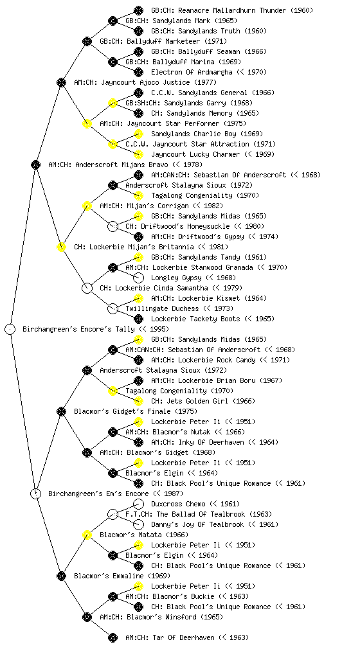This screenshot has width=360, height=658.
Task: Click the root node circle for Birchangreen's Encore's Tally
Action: pyautogui.click(x=10, y=329)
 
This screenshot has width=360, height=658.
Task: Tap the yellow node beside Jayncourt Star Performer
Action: pyautogui.click(x=87, y=123)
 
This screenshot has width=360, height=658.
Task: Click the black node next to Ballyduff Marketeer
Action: pyautogui.click(x=87, y=41)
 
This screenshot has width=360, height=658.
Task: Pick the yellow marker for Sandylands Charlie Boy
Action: pyautogui.click(x=138, y=134)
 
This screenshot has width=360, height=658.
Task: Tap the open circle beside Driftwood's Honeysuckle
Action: pyautogui.click(x=113, y=226)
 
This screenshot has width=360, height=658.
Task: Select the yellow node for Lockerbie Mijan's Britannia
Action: pyautogui.click(x=61, y=247)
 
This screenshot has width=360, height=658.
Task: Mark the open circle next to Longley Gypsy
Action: pyautogui.click(x=138, y=278)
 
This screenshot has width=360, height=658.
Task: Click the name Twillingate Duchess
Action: pyautogui.click(x=161, y=308)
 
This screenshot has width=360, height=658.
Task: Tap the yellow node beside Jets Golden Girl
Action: pyautogui.click(x=138, y=401)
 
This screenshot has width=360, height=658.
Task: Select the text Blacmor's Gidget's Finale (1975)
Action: pyautogui.click(x=136, y=411)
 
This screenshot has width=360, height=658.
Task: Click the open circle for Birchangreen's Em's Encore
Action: pyautogui.click(x=35, y=493)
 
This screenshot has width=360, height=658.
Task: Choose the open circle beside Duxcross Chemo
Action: pyautogui.click(x=138, y=504)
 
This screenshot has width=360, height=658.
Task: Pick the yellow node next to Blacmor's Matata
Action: pyautogui.click(x=87, y=535)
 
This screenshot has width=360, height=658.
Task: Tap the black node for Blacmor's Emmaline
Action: pyautogui.click(x=61, y=576)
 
